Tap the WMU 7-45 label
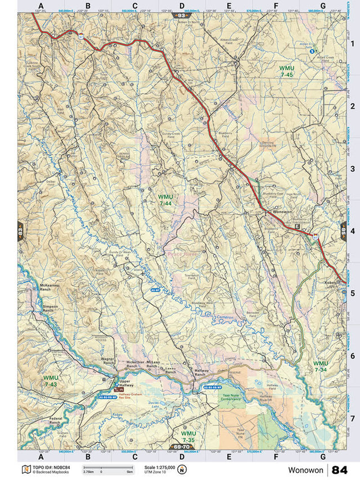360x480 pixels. [x=286, y=71]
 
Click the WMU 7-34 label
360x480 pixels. [x=321, y=366]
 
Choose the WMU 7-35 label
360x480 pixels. [x=188, y=437]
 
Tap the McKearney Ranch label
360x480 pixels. [x=50, y=289]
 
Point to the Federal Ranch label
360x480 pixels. [x=56, y=421]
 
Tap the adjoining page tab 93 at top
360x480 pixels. [x=181, y=16]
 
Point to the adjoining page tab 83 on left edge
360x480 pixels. [x=20, y=231]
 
